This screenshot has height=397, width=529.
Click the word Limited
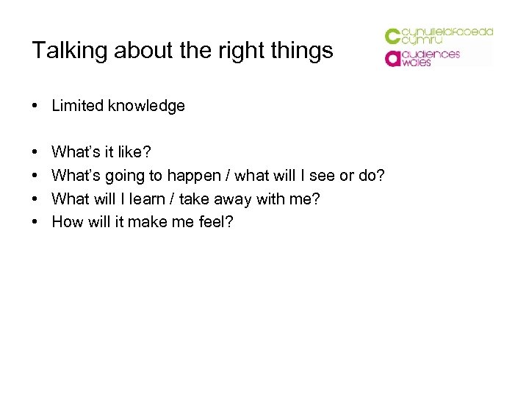[x=78, y=106]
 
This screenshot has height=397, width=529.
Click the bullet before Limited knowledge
[x=35, y=107]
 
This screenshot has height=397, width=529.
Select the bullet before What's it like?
[x=35, y=153]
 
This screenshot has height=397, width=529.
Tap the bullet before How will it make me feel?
[x=35, y=222]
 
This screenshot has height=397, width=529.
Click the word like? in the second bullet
[x=135, y=152]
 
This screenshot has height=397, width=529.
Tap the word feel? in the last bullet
[x=215, y=221]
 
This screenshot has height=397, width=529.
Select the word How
[x=67, y=221]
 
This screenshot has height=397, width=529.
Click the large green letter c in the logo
[x=393, y=36]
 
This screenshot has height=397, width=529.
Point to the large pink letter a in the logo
[x=393, y=58]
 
